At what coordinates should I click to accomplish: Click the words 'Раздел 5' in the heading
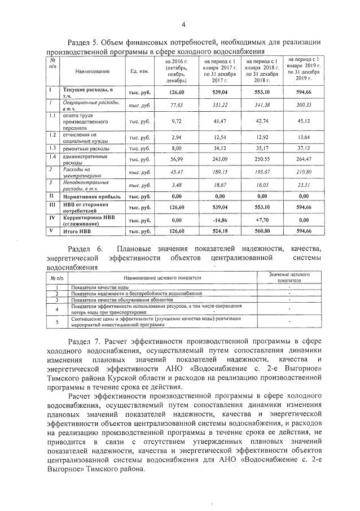click(x=84, y=42)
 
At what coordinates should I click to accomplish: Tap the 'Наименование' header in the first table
click(x=93, y=71)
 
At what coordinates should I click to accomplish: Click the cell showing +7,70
click(x=265, y=220)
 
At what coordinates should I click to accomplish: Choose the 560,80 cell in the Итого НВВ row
click(x=265, y=231)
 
